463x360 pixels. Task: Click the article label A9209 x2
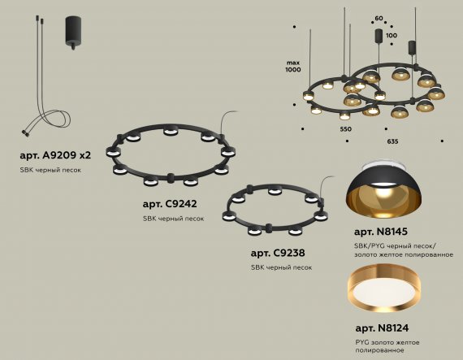pos(55,155)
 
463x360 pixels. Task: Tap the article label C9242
pos(170,204)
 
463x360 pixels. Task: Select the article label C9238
pos(278,253)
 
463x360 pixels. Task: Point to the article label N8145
pos(381,232)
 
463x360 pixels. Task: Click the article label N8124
pos(382,328)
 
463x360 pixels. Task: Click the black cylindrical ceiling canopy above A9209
pos(73,33)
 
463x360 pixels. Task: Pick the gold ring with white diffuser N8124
pos(384,288)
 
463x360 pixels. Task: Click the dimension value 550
pos(346,129)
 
